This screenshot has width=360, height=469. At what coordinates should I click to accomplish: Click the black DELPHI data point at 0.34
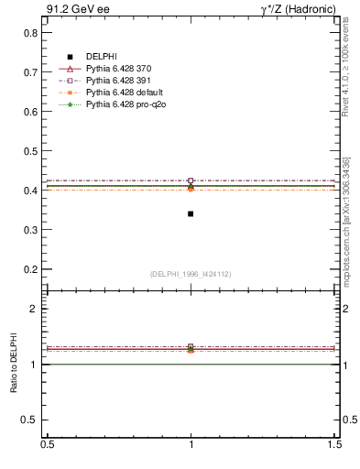[x=191, y=213]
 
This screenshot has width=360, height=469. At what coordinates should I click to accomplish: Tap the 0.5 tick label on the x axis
[x=47, y=443]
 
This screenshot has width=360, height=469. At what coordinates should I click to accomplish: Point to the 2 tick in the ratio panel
[x=34, y=309]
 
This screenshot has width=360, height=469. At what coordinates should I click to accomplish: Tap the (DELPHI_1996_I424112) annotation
[x=191, y=274]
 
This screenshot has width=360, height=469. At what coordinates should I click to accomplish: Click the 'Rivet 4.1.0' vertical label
[x=346, y=73]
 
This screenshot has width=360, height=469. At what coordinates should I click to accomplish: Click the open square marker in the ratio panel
[x=191, y=347]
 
